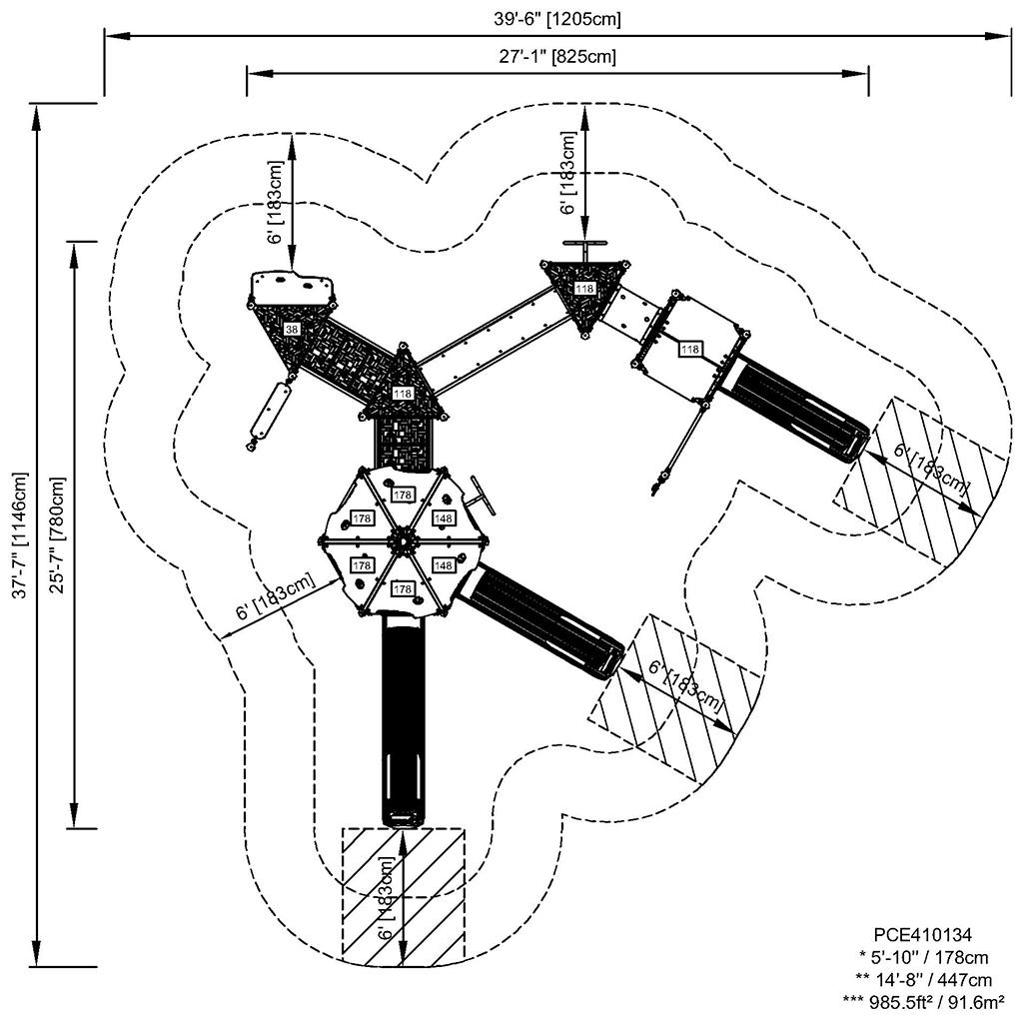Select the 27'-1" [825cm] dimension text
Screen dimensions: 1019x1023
click(557, 56)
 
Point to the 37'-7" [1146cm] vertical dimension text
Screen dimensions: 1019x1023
click(17, 535)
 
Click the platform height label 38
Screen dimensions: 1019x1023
click(292, 329)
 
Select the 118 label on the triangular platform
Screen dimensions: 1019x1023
click(584, 289)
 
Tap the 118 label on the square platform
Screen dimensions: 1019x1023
click(689, 350)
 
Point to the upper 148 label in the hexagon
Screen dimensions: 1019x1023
click(444, 518)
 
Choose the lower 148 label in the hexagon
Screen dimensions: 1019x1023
click(444, 565)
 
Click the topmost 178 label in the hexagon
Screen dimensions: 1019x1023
click(403, 495)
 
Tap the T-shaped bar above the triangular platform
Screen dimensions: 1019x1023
click(584, 246)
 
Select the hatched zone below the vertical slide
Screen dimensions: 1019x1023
click(404, 896)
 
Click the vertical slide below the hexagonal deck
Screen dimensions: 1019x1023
click(404, 719)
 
